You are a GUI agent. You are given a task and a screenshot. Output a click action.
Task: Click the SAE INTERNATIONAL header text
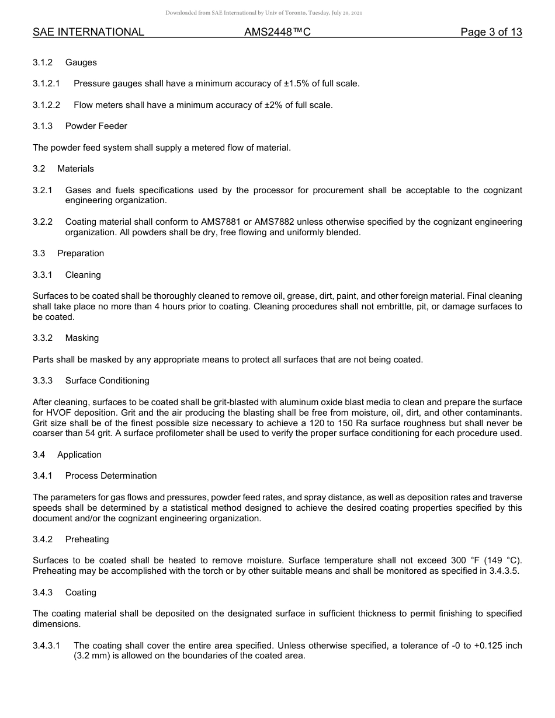[88, 33]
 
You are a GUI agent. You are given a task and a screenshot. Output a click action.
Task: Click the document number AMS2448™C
[277, 33]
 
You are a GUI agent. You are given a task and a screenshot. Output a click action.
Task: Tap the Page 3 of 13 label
[491, 33]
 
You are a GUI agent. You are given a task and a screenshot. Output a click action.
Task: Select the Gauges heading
[81, 62]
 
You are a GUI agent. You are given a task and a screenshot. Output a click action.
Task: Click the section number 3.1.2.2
[47, 105]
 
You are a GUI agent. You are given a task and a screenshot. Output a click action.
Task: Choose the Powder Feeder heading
[96, 126]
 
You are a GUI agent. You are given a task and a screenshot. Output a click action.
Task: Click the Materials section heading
[75, 169]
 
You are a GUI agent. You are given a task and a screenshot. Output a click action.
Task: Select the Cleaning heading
[83, 275]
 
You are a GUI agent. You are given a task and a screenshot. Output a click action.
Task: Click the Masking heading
[82, 338]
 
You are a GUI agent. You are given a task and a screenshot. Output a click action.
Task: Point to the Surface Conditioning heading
[107, 381]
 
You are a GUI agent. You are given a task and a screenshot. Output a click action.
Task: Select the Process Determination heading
[111, 476]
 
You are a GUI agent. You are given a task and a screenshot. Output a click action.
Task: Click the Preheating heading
[87, 539]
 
